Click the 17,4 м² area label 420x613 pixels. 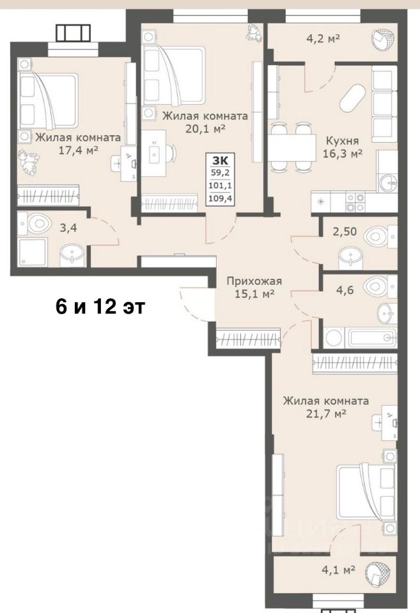tap(78, 151)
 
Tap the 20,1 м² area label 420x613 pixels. tap(205, 128)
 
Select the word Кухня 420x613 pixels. tap(343, 140)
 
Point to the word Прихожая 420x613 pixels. tap(254, 281)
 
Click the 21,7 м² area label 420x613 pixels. tap(326, 414)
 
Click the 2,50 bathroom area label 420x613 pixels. tap(345, 231)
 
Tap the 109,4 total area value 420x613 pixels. tap(221, 199)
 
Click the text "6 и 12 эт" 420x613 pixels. tap(100, 307)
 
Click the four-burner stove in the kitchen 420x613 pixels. tap(355, 202)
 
